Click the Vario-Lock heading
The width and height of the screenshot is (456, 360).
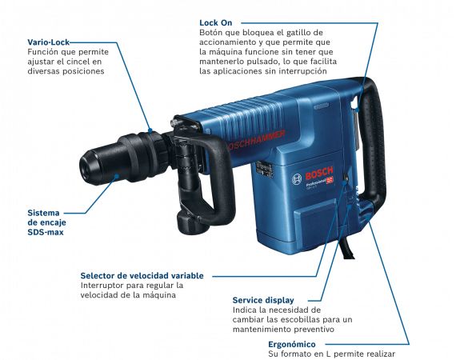pos(49,42)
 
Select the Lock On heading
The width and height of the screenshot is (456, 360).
pos(215,23)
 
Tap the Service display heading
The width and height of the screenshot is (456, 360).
pos(263,300)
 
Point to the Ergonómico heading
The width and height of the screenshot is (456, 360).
pos(292,344)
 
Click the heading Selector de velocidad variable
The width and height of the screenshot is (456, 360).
pos(142,276)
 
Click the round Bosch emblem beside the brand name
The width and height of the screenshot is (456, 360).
pos(297,179)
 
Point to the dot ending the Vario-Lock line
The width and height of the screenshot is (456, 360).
pos(150,130)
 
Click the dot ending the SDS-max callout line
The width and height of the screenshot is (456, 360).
pos(117,176)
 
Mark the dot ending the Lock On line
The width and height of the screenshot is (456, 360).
pos(358,110)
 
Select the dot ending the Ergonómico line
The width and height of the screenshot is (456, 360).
pos(368,218)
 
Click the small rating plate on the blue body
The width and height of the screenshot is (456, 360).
pos(264,169)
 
